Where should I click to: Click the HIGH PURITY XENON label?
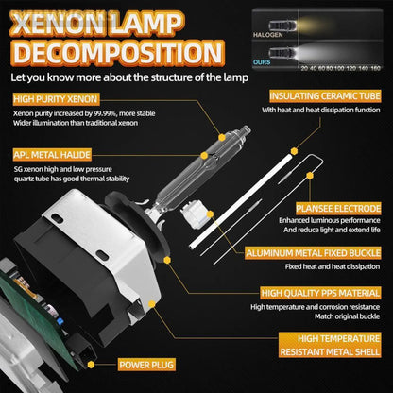pos(56,99)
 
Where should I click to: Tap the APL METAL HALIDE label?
pos(52,155)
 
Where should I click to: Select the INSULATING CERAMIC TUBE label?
pos(325,96)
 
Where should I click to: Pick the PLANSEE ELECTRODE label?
pos(338,209)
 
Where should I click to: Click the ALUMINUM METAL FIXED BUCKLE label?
pos(314,253)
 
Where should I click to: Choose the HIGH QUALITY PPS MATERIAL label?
pos(320,293)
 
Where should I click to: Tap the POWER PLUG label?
pos(146,365)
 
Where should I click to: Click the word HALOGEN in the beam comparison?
pos(268,35)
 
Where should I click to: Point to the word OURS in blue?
pos(262,62)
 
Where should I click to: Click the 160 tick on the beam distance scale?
pos(375,68)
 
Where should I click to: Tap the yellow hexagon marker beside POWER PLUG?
pos(91,365)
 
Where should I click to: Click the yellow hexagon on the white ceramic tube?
pos(294,151)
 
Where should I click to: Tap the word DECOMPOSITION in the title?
pos(118,53)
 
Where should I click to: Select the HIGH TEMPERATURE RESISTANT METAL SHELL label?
pos(330,345)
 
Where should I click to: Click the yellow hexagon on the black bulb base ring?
pos(167,260)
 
